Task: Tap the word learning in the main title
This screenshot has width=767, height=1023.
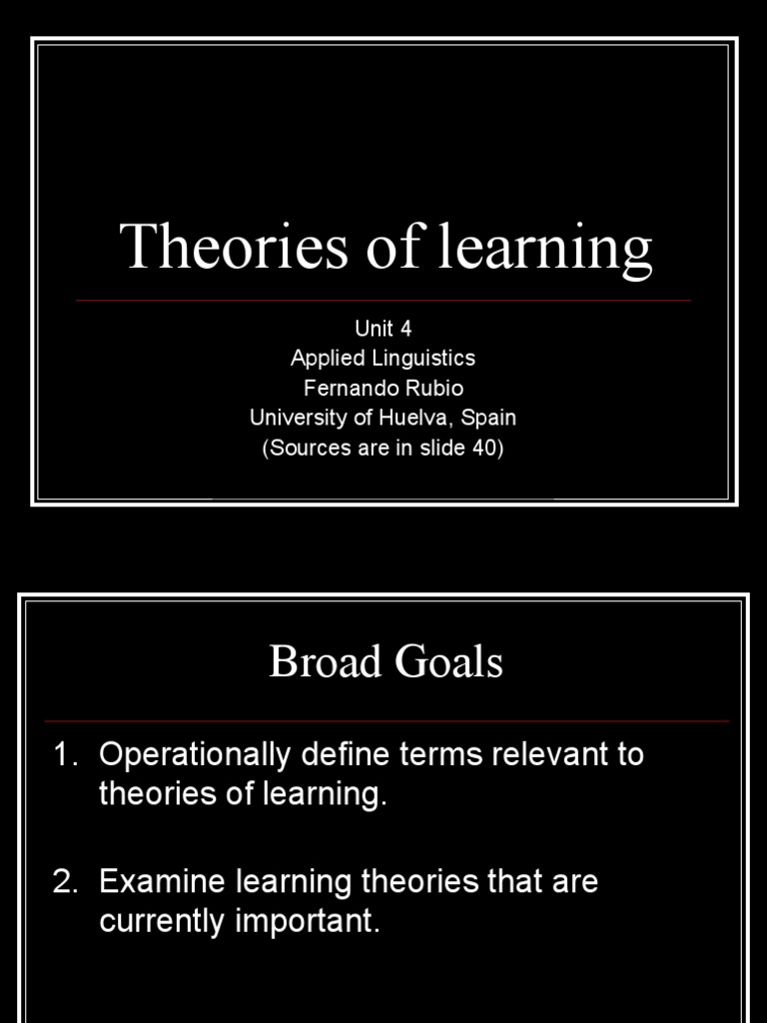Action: tap(546, 249)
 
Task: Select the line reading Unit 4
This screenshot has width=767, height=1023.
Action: tap(383, 329)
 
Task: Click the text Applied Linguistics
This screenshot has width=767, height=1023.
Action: tap(383, 358)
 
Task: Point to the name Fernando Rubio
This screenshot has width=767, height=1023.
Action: tap(383, 388)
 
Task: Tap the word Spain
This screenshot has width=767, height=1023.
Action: tap(489, 418)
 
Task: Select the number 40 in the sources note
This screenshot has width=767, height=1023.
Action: tap(482, 448)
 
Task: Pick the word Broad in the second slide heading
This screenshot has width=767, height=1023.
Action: tap(319, 662)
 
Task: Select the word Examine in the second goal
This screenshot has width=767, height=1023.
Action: tap(160, 882)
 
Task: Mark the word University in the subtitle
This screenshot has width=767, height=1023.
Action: tap(297, 418)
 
